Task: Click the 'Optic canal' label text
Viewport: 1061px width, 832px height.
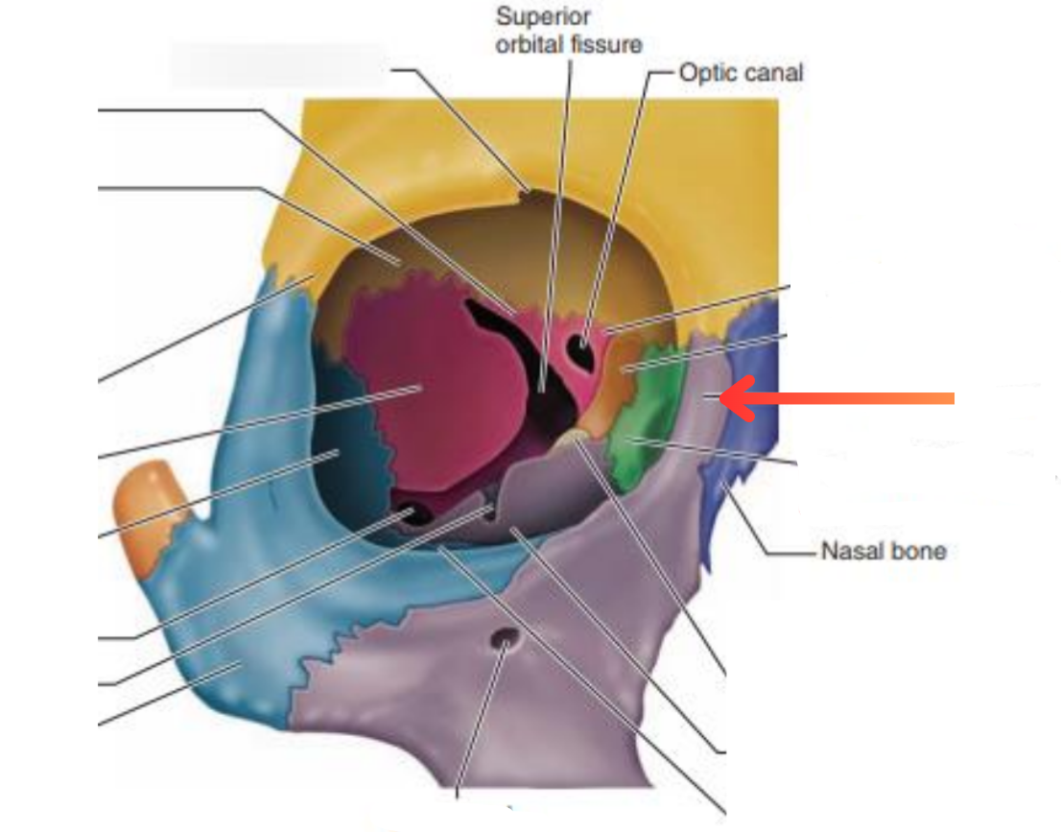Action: tap(741, 72)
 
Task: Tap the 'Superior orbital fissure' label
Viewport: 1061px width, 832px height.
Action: tap(568, 31)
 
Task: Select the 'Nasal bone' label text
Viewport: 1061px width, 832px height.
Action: tap(883, 551)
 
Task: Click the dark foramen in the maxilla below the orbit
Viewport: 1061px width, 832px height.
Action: tap(504, 637)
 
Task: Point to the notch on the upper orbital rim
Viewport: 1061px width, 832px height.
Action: tap(526, 192)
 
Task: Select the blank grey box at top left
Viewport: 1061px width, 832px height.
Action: tap(278, 65)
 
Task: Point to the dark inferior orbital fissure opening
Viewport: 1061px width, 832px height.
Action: tap(413, 511)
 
